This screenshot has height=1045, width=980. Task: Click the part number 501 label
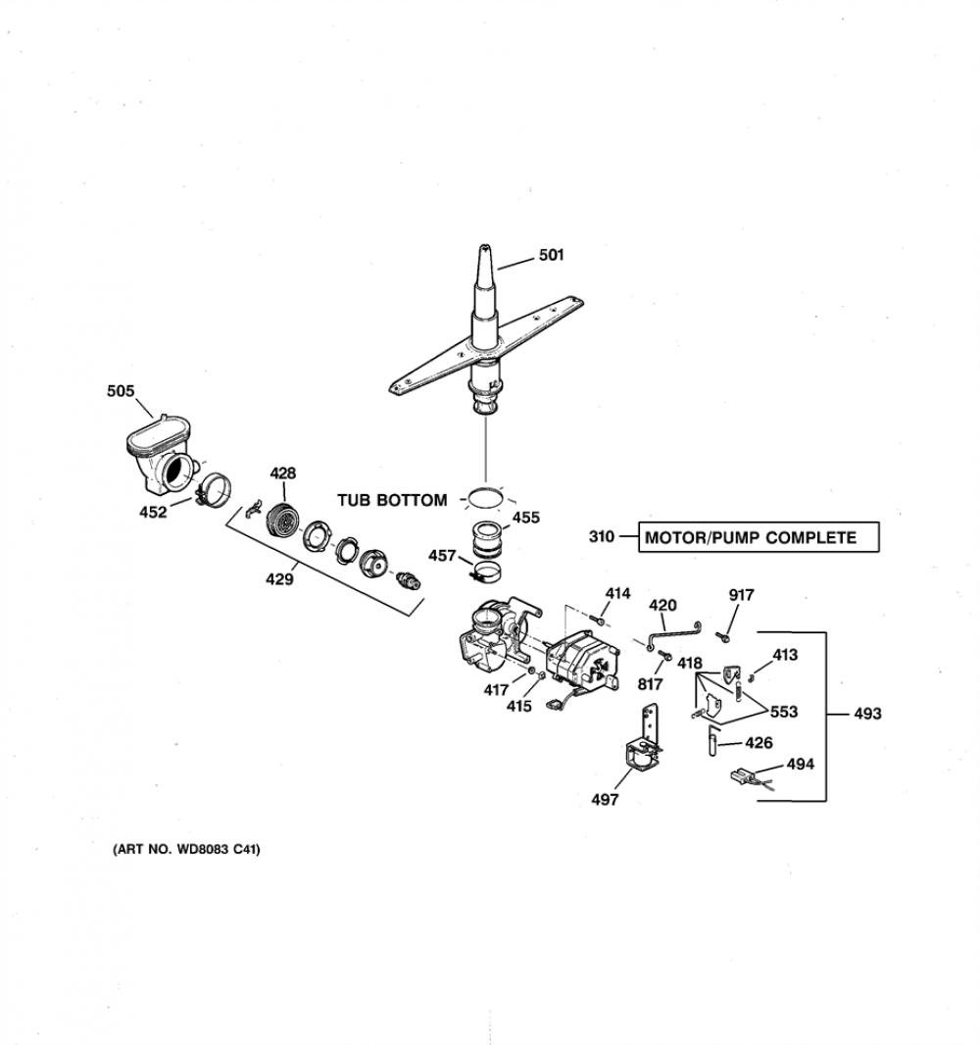[x=551, y=255]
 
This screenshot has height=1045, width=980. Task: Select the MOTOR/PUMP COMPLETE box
[x=759, y=537]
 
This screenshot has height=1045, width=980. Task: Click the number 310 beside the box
[x=602, y=536]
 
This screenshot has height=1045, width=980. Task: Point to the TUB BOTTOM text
[x=392, y=500]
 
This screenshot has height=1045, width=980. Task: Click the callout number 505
[x=121, y=391]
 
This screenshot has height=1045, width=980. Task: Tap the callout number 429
[x=279, y=579]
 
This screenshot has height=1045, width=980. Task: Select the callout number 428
[x=282, y=473]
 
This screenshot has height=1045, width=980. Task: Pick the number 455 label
[x=525, y=518]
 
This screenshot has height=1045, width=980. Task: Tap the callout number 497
[x=605, y=800]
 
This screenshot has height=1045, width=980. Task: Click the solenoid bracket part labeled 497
[x=644, y=743]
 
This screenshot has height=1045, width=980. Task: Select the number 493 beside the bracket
[x=867, y=714]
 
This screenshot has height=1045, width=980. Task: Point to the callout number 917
[x=741, y=595]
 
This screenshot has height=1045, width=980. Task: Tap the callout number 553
[x=783, y=712]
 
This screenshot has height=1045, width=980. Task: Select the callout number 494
[x=800, y=764]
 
